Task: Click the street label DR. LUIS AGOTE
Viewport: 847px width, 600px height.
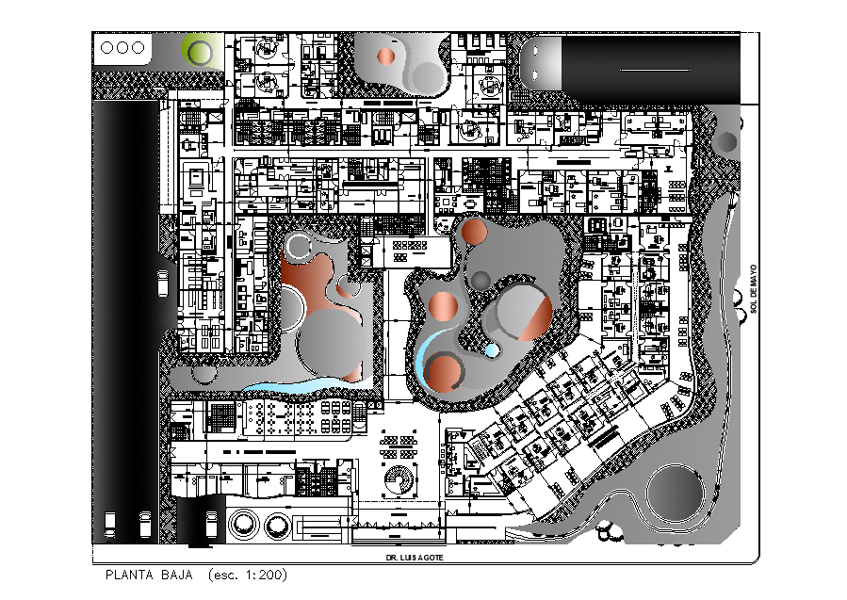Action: point(415,558)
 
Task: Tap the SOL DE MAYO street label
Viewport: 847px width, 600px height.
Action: point(754,288)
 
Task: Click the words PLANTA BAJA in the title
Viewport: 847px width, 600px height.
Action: point(149,575)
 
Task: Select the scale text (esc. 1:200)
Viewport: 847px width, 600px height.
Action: point(248,575)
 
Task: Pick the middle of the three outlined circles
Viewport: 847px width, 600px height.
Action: point(122,47)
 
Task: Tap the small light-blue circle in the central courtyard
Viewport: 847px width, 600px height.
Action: point(492,350)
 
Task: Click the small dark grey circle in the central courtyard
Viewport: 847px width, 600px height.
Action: point(481,282)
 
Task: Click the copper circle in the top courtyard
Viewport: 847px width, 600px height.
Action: point(385,57)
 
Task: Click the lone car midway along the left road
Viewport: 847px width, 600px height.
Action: point(163,284)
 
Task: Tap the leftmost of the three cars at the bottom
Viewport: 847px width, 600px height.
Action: point(109,525)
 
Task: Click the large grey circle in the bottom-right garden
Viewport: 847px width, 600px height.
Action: point(676,495)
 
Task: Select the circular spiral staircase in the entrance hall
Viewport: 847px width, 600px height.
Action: point(399,478)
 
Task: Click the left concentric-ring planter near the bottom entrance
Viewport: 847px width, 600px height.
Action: point(243,524)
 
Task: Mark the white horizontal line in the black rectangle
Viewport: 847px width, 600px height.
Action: point(655,70)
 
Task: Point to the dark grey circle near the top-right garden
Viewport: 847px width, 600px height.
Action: point(725,142)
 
